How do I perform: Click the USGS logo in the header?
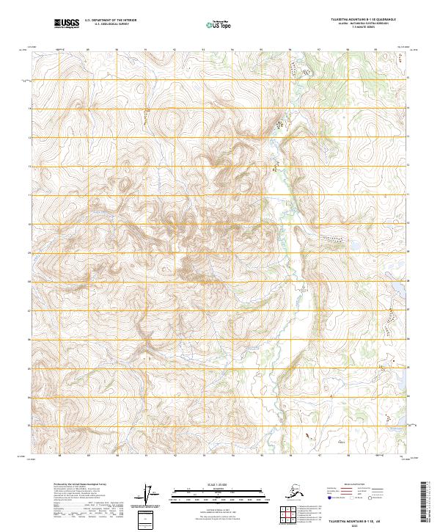point(66,23)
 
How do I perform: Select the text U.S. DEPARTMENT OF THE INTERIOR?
point(111,21)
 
